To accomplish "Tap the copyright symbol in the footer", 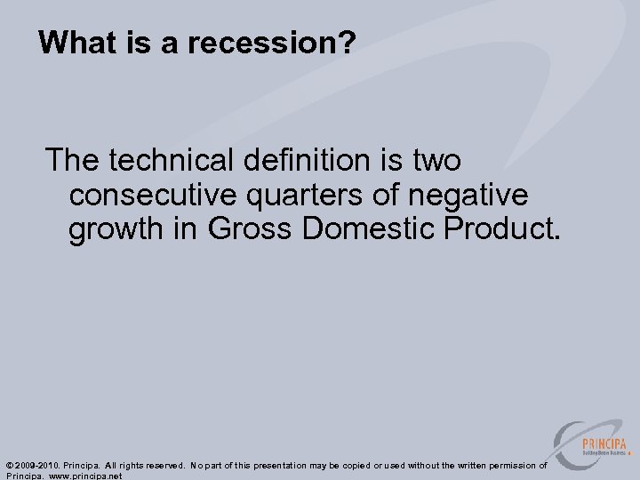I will tap(9, 465).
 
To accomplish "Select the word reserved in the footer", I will tap(158, 465).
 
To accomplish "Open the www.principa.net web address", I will tap(88, 476).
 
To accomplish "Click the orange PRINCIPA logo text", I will tap(604, 444).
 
